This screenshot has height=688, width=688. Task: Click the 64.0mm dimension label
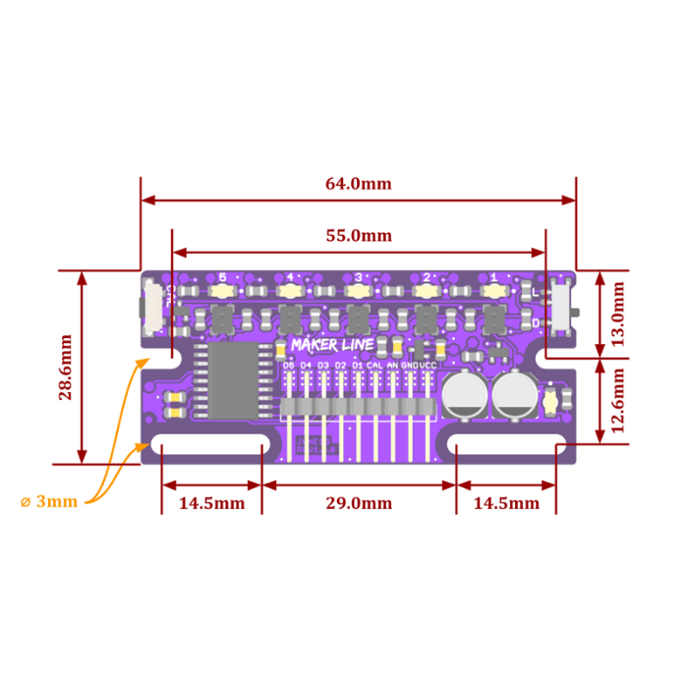(x=359, y=184)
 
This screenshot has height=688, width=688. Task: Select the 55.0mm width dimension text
(x=359, y=236)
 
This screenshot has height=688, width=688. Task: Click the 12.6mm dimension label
(x=618, y=401)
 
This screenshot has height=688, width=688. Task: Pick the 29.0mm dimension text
(x=359, y=503)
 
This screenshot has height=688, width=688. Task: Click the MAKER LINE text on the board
(x=332, y=345)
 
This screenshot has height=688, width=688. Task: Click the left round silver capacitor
(x=462, y=395)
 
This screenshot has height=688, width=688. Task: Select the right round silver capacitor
(x=513, y=395)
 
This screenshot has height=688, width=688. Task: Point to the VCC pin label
(x=429, y=365)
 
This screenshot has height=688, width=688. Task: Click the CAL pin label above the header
(x=374, y=365)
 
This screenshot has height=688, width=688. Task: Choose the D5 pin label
(x=288, y=365)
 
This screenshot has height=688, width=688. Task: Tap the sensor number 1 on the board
(x=493, y=277)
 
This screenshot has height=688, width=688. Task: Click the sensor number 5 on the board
(x=223, y=277)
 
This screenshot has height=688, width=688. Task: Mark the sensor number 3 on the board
(x=359, y=277)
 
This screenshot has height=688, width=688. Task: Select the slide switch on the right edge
(x=562, y=307)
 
